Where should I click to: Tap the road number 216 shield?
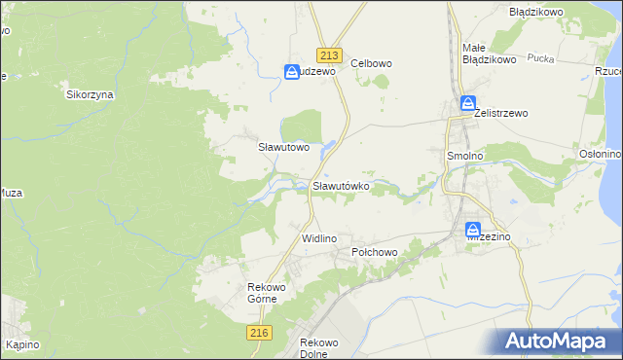coord(258,333)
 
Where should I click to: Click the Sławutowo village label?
coord(283,148)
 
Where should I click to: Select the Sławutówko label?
coord(341,186)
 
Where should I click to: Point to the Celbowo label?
coord(371,63)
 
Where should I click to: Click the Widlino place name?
coord(319,238)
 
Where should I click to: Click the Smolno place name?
coord(463,155)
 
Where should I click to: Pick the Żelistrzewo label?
coord(500,113)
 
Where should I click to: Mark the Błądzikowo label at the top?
coord(536,13)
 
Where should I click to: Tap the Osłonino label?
coord(600,154)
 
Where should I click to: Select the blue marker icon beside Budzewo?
coord(292,71)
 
